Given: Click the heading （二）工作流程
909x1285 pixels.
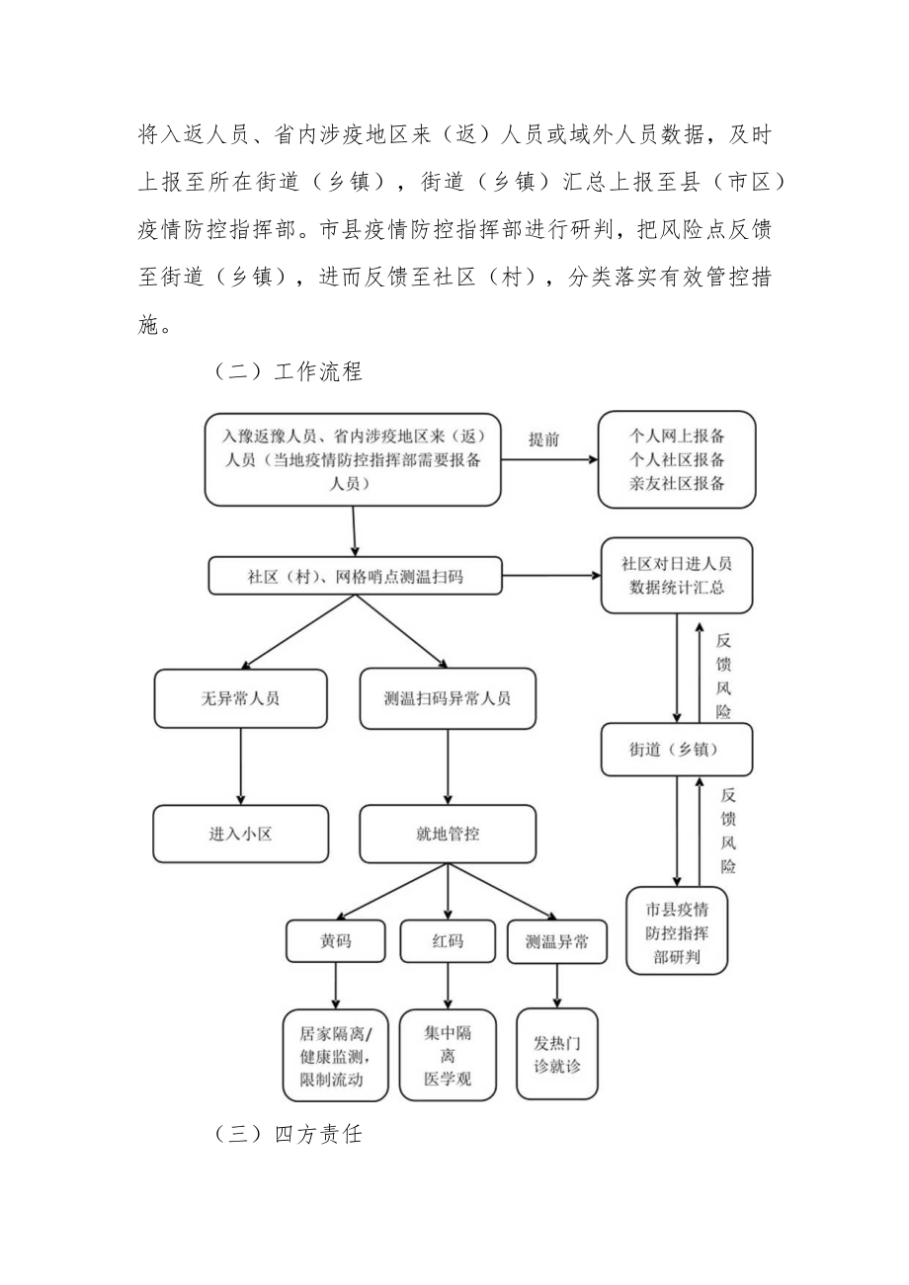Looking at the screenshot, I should point(289,371).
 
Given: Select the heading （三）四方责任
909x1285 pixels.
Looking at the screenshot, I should point(289,1134).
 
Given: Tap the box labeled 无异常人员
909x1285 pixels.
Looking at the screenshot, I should point(240,698).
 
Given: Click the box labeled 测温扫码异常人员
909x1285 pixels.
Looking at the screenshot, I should point(448,698).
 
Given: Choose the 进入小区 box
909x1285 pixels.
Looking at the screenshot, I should point(240,834).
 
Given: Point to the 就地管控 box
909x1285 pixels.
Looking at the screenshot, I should point(448,834).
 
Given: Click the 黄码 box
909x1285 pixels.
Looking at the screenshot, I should point(335,941).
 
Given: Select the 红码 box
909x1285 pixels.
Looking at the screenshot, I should point(448,941).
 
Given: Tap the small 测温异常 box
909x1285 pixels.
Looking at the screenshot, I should point(557,941).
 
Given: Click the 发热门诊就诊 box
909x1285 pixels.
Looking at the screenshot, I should point(557,1054).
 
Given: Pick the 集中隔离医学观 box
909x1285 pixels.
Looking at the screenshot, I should point(448,1055).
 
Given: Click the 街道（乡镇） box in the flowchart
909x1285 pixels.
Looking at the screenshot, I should point(677,749).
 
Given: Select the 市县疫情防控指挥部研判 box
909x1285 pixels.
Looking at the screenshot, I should point(677,930).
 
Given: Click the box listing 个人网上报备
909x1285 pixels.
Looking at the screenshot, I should point(677,459).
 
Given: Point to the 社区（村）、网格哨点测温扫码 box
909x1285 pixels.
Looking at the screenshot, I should point(355,577).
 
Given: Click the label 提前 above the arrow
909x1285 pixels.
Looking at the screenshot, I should point(543,440).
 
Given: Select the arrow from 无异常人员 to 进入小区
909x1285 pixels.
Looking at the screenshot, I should point(240,765).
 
